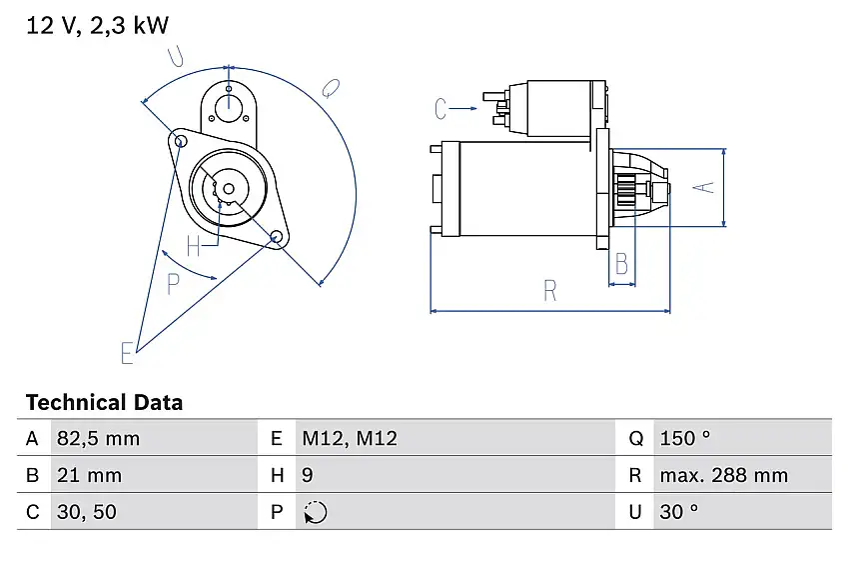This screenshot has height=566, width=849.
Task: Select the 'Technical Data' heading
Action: [104, 403]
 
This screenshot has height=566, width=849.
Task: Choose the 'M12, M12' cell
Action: [349, 439]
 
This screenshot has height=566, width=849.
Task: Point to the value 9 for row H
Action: [308, 476]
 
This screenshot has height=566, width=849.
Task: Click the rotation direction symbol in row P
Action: [315, 512]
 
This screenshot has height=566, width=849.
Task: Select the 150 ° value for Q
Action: [684, 439]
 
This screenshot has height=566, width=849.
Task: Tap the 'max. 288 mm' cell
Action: [723, 476]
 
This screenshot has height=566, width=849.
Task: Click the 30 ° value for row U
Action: [678, 512]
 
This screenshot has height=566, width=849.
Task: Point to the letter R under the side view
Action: [550, 291]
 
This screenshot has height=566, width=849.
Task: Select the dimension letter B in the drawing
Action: [621, 265]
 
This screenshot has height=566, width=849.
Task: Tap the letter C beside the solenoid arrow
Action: [441, 108]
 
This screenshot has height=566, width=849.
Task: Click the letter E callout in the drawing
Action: [127, 352]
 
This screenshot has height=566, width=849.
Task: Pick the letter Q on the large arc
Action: [332, 89]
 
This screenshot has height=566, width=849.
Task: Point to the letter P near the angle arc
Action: [174, 284]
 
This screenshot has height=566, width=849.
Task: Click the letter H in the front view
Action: [194, 243]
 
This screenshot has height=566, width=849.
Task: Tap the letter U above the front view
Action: [177, 58]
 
